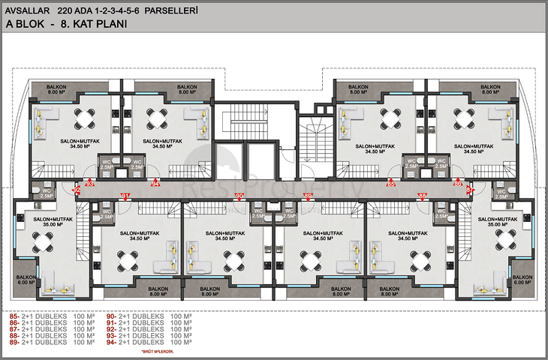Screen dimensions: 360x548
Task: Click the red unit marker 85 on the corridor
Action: point(390,182)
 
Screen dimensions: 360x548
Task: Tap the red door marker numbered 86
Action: point(456,182)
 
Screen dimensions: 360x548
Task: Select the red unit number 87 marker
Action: point(470,190)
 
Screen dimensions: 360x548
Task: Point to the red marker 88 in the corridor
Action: point(423,196)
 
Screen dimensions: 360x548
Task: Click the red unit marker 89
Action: point(307,196)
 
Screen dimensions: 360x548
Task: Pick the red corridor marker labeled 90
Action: point(239,196)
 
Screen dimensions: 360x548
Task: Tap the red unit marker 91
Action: point(125,196)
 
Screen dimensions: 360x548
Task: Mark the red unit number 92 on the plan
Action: point(77,190)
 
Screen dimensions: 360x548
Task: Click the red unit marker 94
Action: point(156,182)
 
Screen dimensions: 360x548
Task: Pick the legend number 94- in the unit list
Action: point(110,342)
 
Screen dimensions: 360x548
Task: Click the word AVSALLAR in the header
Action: point(27,11)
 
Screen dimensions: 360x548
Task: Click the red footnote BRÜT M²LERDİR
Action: point(158,351)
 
